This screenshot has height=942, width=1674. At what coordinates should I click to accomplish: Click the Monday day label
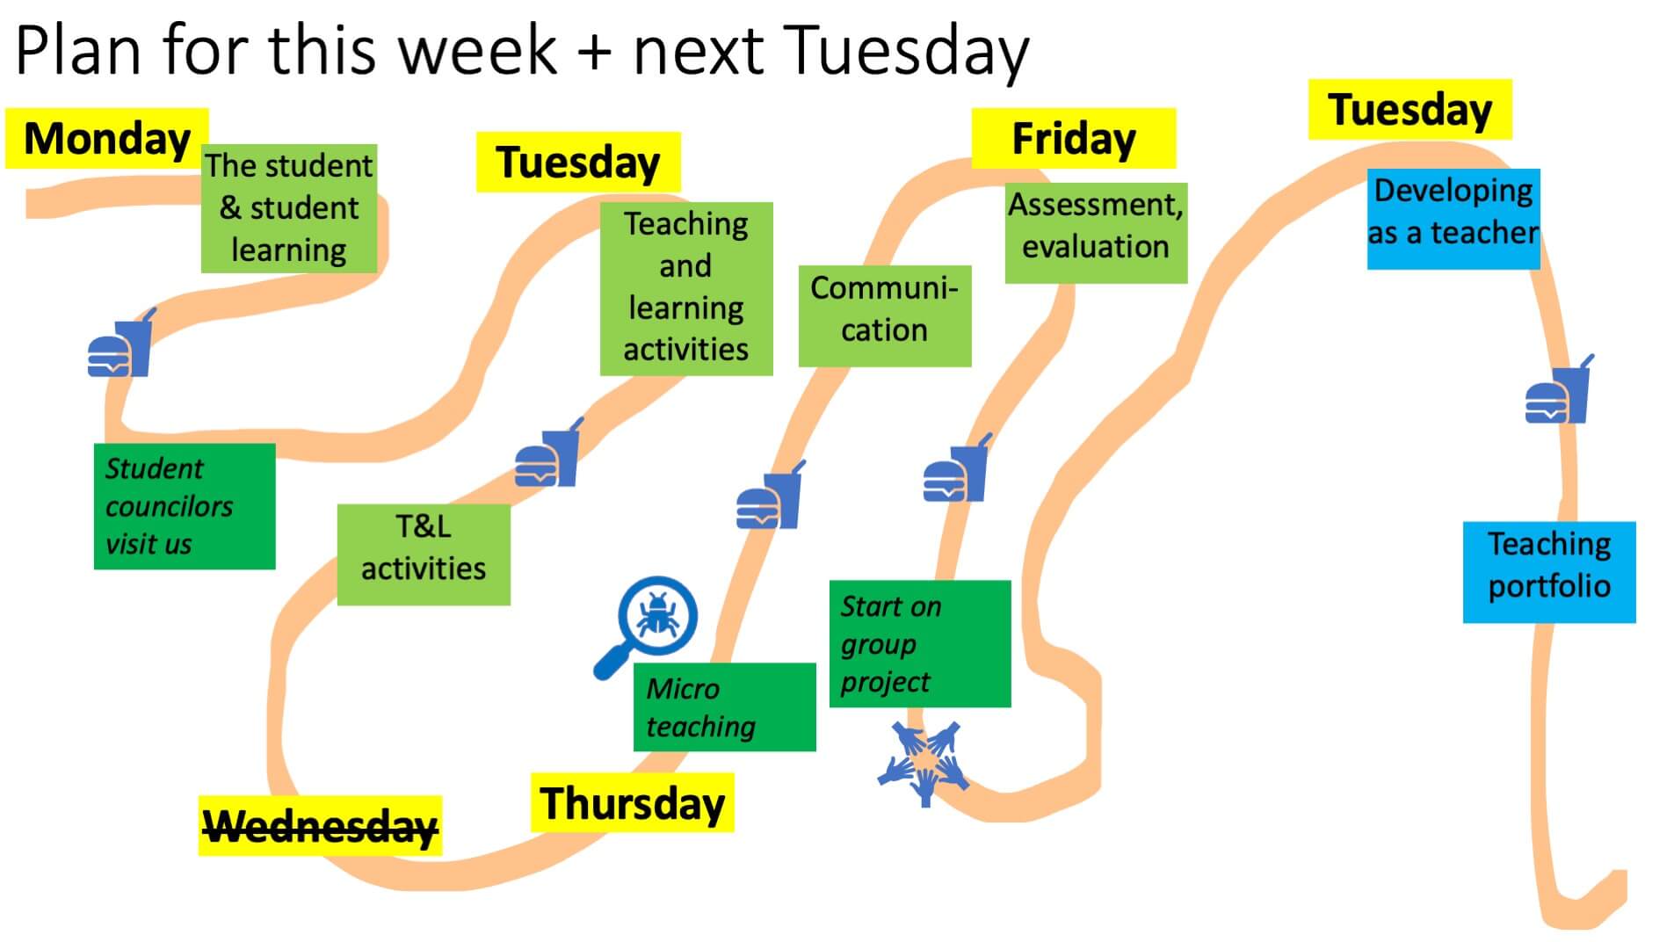(x=107, y=138)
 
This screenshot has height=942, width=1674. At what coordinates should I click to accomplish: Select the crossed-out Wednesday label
(x=320, y=826)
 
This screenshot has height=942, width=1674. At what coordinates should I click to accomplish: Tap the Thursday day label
(x=632, y=802)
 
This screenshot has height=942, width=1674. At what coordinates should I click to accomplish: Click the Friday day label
(x=1073, y=138)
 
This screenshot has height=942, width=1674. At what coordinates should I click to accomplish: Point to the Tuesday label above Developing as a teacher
(x=1409, y=109)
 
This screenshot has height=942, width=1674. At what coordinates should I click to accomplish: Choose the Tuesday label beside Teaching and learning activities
(x=578, y=162)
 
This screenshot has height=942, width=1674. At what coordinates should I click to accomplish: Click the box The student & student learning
(x=289, y=208)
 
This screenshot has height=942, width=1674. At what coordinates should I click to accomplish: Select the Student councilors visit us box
(x=185, y=506)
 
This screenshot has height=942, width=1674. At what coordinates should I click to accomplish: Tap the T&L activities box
(x=424, y=554)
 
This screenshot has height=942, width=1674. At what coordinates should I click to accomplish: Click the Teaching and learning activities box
(x=686, y=289)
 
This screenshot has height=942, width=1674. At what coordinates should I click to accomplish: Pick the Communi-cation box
(x=885, y=316)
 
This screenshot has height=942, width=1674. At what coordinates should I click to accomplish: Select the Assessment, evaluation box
(x=1096, y=233)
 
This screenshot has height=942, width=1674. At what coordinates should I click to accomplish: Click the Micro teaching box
(x=725, y=707)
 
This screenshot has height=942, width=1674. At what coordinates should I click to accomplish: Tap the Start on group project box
(x=920, y=643)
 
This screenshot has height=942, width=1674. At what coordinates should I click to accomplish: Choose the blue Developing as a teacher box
(x=1453, y=219)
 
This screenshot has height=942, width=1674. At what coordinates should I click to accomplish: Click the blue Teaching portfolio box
(x=1549, y=572)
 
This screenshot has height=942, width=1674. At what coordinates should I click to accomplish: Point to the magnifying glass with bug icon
(x=647, y=626)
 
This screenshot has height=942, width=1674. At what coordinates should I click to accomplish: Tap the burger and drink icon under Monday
(x=121, y=344)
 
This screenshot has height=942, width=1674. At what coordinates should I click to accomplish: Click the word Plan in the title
(x=78, y=51)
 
